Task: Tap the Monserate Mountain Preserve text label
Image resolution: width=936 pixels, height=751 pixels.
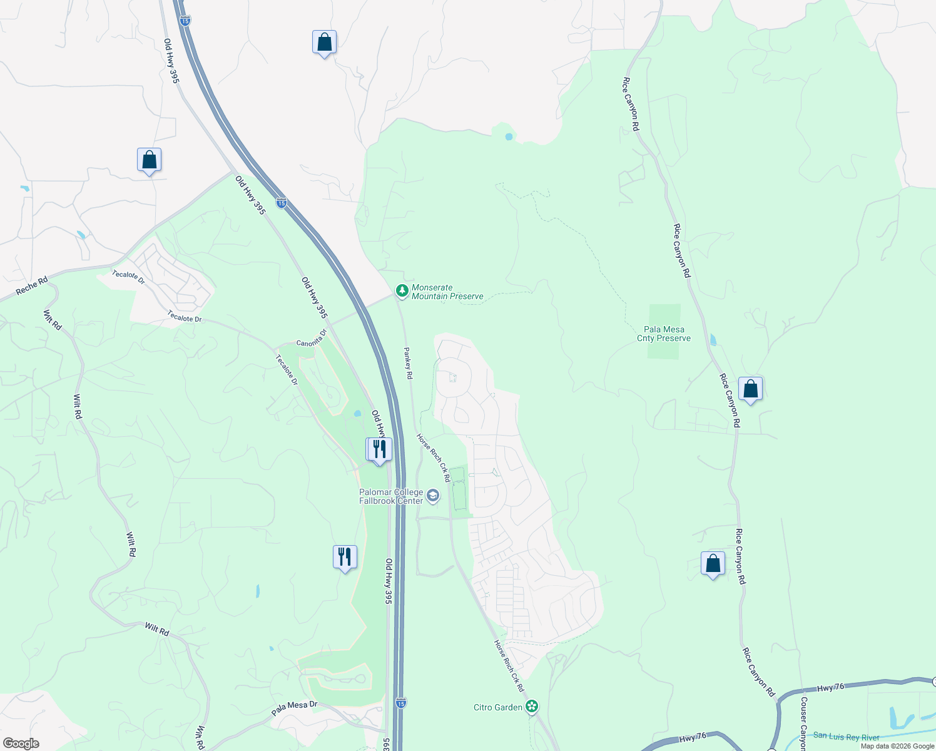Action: click(447, 292)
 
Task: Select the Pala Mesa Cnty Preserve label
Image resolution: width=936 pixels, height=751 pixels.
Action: click(664, 334)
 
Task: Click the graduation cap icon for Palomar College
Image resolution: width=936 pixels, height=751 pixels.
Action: click(432, 496)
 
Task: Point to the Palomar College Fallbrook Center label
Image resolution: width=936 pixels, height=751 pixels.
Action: click(391, 496)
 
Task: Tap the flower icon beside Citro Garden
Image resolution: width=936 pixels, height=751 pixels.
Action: click(532, 707)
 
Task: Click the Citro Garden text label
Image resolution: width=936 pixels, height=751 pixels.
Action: click(498, 707)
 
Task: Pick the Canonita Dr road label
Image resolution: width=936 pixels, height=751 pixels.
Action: click(312, 339)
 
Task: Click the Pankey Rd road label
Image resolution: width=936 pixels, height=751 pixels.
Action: click(408, 363)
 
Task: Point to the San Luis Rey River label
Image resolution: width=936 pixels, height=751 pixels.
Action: click(846, 737)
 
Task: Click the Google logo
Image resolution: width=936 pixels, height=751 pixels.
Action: click(21, 743)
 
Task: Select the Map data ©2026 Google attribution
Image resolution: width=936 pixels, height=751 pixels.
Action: click(897, 746)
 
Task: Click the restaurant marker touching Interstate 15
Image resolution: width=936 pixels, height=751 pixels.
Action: click(379, 449)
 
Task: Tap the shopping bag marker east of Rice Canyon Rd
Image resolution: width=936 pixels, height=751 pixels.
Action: click(750, 389)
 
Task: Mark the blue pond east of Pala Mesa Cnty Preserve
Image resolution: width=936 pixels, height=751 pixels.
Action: click(714, 340)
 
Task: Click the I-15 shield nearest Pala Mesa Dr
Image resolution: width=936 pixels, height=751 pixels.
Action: click(401, 703)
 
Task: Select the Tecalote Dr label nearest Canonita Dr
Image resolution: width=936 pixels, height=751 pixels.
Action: click(287, 370)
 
